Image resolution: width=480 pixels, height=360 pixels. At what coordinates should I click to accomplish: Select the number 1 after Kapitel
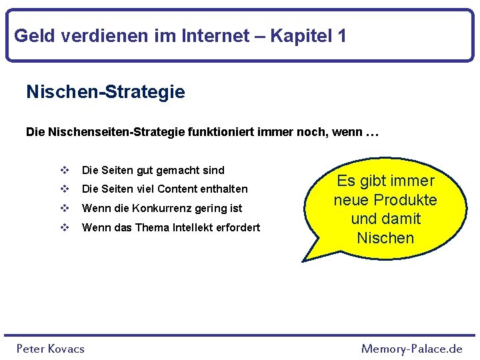click(341, 35)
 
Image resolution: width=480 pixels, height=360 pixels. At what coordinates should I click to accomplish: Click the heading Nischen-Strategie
click(105, 92)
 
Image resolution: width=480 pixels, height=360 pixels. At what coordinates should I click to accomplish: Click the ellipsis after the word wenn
click(372, 133)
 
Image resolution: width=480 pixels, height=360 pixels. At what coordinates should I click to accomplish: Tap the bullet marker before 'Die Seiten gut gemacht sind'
click(65, 170)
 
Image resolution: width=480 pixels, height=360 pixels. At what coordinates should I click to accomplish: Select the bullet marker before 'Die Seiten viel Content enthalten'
click(65, 189)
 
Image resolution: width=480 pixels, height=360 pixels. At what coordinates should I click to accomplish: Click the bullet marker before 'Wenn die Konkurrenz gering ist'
click(65, 208)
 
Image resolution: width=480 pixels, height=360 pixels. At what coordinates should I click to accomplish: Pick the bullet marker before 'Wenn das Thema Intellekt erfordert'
click(65, 227)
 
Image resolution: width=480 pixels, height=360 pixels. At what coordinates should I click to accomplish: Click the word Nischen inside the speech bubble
click(385, 238)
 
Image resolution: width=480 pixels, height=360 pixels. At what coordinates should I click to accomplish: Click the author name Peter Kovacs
click(51, 348)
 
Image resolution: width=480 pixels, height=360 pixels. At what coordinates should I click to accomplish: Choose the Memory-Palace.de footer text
click(411, 348)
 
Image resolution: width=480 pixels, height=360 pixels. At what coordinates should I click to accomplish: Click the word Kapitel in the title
click(303, 35)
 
